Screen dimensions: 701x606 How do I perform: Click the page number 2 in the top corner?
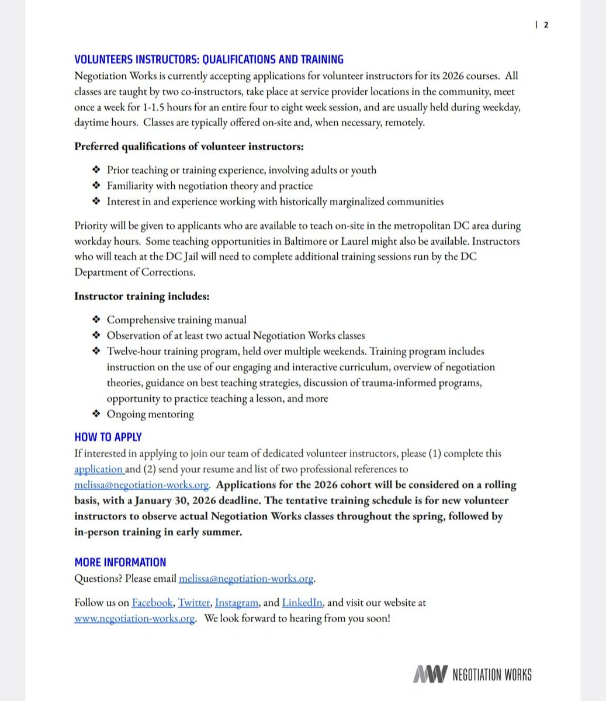pyautogui.click(x=546, y=25)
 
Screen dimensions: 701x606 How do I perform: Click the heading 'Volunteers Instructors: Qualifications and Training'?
pyautogui.click(x=209, y=60)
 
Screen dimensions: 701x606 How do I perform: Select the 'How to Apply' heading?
pyautogui.click(x=108, y=437)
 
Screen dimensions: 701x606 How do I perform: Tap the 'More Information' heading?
pyautogui.click(x=120, y=562)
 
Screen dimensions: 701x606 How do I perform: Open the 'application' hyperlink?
pyautogui.click(x=98, y=469)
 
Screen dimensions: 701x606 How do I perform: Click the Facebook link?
pyautogui.click(x=152, y=603)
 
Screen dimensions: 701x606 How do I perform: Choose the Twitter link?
pyautogui.click(x=194, y=603)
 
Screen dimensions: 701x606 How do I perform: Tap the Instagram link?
pyautogui.click(x=237, y=603)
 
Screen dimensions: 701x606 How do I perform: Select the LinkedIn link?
pyautogui.click(x=302, y=603)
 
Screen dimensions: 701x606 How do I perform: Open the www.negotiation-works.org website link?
pyautogui.click(x=134, y=619)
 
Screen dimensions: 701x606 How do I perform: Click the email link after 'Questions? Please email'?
pyautogui.click(x=246, y=579)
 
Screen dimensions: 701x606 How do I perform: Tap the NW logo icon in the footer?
pyautogui.click(x=430, y=674)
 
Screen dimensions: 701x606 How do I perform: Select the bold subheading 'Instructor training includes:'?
pyautogui.click(x=141, y=296)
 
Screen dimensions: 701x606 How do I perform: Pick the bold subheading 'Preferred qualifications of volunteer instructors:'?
pyautogui.click(x=189, y=146)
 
